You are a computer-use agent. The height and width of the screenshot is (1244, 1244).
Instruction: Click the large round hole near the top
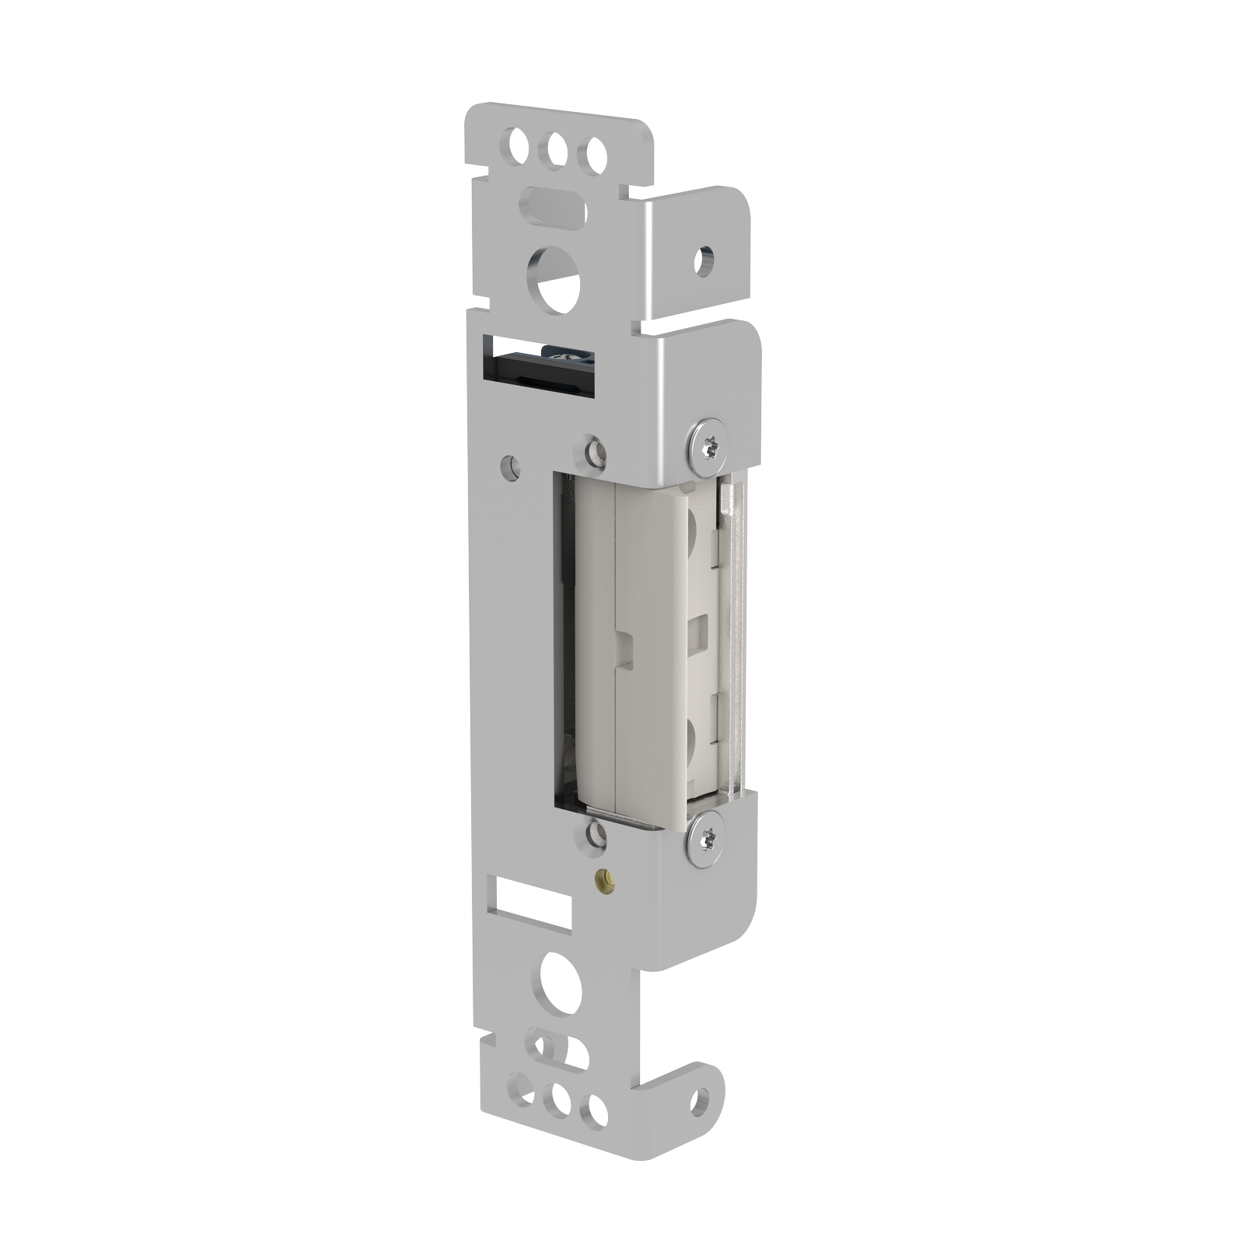[x=554, y=279]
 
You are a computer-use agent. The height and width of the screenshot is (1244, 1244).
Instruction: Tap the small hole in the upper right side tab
[x=704, y=261]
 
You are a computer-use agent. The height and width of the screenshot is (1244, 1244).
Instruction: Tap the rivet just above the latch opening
[x=596, y=452]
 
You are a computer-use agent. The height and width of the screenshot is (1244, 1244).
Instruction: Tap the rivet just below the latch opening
[x=596, y=834]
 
